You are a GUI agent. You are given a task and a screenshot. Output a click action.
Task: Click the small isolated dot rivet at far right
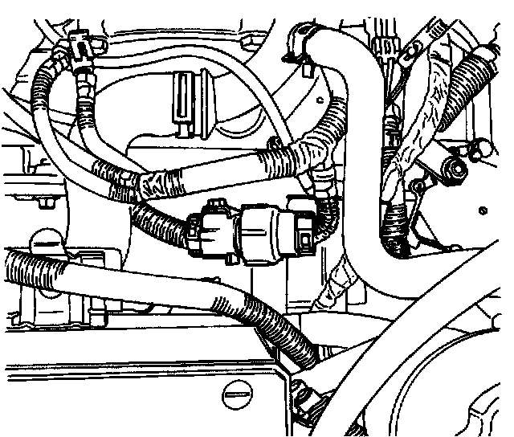click(x=481, y=211)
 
